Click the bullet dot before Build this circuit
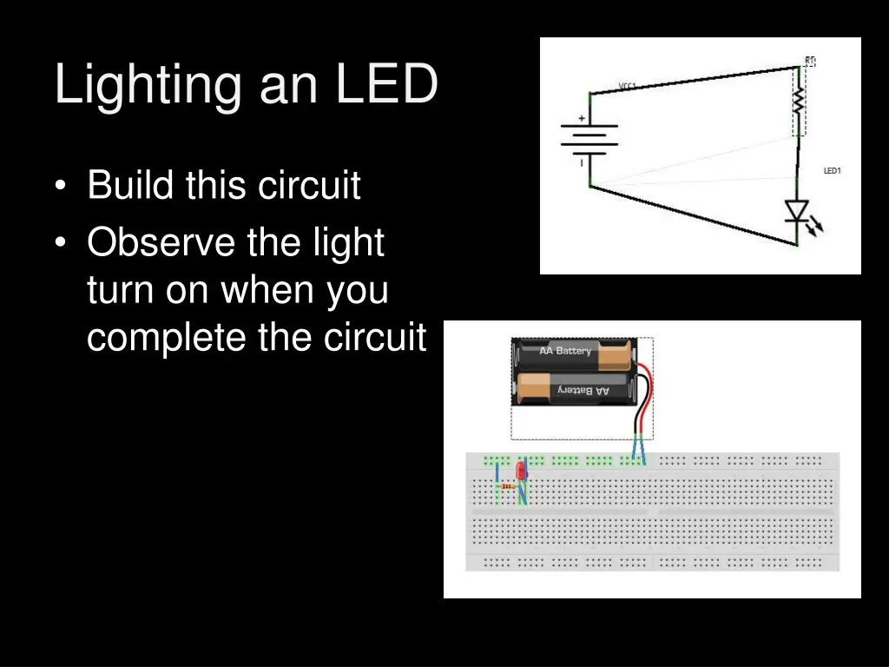(60, 186)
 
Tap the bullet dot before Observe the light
(60, 243)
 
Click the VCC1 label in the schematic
(628, 86)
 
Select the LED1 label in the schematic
(832, 171)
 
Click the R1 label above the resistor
(810, 61)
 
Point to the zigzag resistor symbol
(800, 103)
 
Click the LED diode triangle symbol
(796, 211)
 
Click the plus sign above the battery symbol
(581, 119)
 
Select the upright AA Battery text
(564, 351)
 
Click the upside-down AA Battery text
(583, 391)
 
